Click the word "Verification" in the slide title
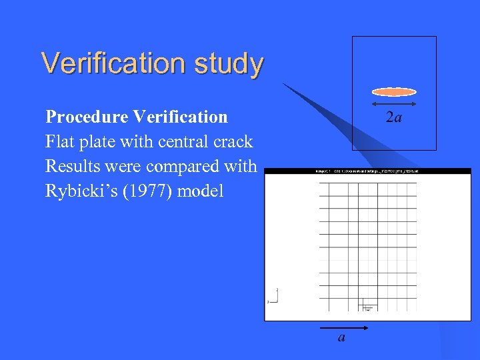(113, 63)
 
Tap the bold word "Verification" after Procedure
(180, 117)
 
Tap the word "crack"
(233, 142)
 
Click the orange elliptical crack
(393, 92)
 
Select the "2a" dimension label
(394, 118)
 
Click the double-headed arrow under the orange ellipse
(393, 104)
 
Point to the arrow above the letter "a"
(341, 328)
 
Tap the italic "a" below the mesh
(342, 338)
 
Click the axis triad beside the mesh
(273, 297)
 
